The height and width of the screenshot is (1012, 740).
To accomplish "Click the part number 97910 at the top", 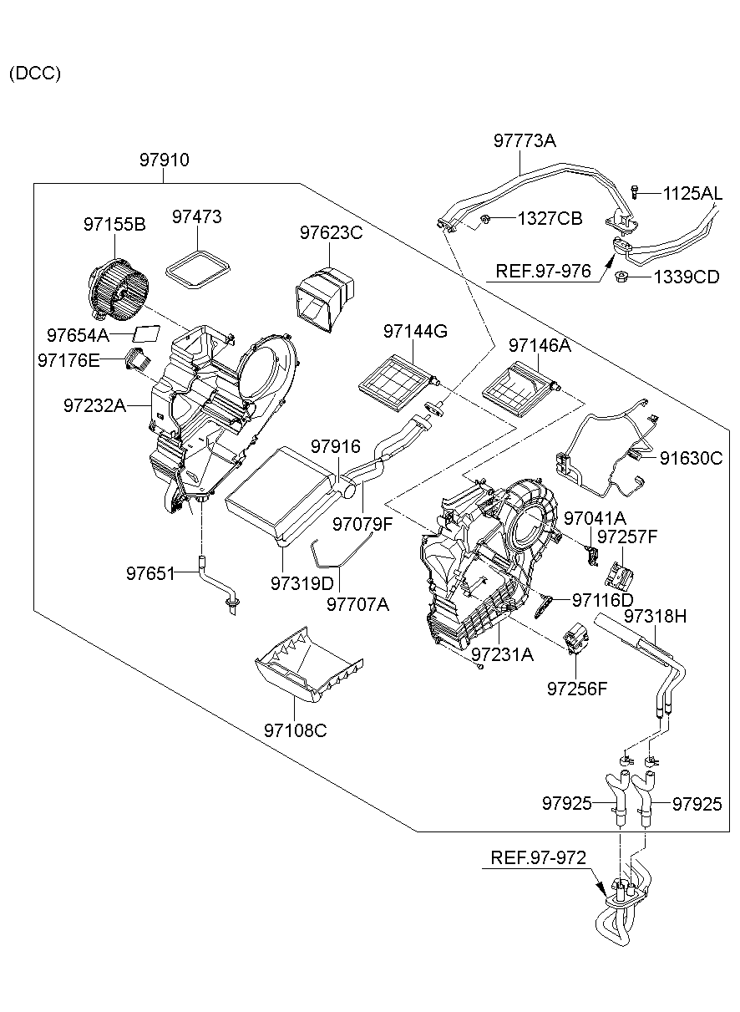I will pyautogui.click(x=164, y=160).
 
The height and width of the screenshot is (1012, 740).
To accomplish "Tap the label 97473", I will pyautogui.click(x=197, y=217).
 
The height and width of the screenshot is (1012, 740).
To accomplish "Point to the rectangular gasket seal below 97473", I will pyautogui.click(x=197, y=270).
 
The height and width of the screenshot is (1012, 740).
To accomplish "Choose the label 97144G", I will pyautogui.click(x=416, y=332).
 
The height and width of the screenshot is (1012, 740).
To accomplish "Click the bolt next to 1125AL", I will pyautogui.click(x=636, y=192).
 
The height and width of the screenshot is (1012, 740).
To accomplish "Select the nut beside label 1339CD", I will pyautogui.click(x=621, y=277).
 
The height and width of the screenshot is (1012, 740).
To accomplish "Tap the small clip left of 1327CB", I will pyautogui.click(x=484, y=220).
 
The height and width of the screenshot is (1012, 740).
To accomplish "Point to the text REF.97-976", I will pyautogui.click(x=543, y=271).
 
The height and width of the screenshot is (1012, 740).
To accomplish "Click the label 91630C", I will pyautogui.click(x=691, y=458).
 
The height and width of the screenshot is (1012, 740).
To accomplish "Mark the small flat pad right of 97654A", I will pyautogui.click(x=148, y=333).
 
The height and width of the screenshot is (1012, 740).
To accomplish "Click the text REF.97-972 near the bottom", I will pyautogui.click(x=538, y=857).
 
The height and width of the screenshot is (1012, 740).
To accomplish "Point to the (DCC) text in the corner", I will pyautogui.click(x=35, y=74).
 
